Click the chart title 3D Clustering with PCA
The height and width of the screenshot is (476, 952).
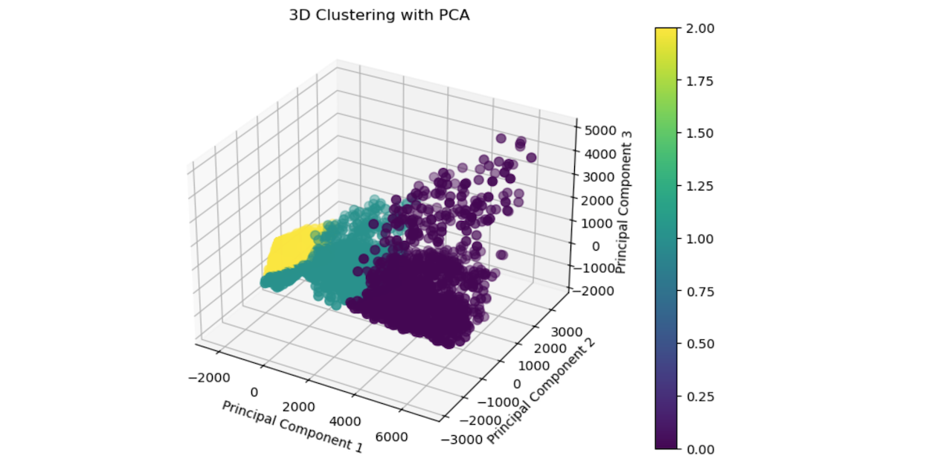tap(379, 16)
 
